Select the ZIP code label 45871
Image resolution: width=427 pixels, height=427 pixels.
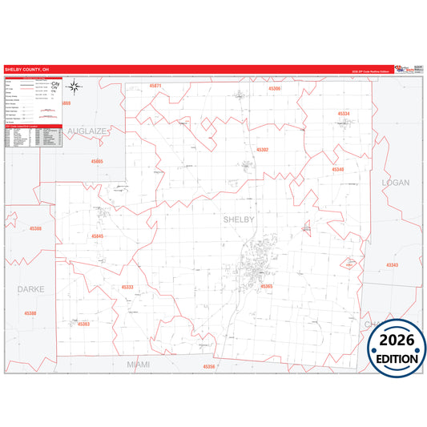pyautogui.click(x=155, y=85)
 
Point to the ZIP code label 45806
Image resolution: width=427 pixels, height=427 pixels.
pyautogui.click(x=275, y=89)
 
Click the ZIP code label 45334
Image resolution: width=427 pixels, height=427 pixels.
pyautogui.click(x=343, y=114)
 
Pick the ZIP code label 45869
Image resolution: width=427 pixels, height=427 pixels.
pyautogui.click(x=66, y=103)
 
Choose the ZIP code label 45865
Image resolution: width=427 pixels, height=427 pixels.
pyautogui.click(x=97, y=161)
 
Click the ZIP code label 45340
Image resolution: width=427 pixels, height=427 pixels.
pyautogui.click(x=337, y=169)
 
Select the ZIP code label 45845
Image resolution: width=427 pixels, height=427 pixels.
pyautogui.click(x=97, y=236)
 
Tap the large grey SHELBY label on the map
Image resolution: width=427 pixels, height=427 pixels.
pyautogui.click(x=238, y=219)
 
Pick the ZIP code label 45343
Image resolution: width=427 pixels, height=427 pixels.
pyautogui.click(x=392, y=264)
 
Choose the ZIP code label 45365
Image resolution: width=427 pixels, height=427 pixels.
pyautogui.click(x=266, y=286)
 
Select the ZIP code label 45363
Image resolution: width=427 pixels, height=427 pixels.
pyautogui.click(x=83, y=324)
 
